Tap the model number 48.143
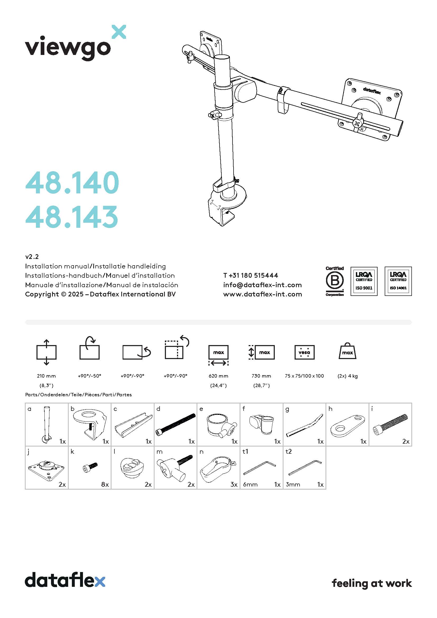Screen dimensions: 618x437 tap(72, 217)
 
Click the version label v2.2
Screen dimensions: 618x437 tap(32, 257)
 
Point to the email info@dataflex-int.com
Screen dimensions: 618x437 tap(262, 285)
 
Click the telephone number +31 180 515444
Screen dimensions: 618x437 tap(250, 275)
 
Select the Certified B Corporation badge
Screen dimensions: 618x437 tap(334, 281)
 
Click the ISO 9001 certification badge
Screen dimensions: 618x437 tap(364, 281)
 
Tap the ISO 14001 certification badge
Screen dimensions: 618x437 tap(398, 281)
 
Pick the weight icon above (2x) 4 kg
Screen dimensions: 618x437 tap(347, 351)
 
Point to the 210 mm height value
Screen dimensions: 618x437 tap(46, 376)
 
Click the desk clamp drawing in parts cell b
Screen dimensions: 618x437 tap(90, 424)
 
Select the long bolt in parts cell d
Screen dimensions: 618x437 tap(175, 425)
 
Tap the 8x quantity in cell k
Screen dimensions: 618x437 tap(105, 485)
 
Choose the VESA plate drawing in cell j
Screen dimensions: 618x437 tap(46, 470)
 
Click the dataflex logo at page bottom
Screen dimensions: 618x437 tap(65, 580)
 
